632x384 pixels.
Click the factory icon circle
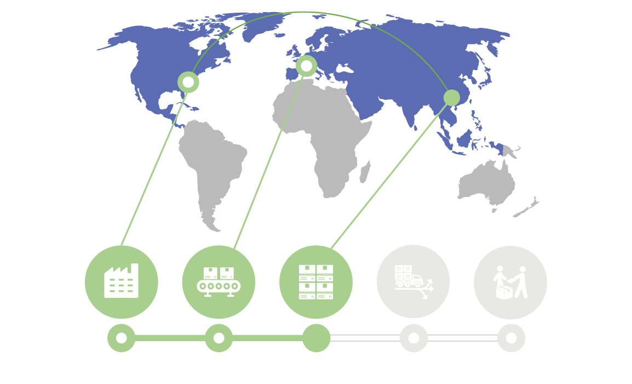[x=122, y=282]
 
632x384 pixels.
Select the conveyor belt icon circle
[x=219, y=282]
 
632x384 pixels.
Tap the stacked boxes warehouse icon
[x=316, y=282]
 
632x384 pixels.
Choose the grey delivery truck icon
[x=413, y=281]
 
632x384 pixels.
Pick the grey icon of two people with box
[x=510, y=282]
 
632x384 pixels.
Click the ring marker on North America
[x=188, y=82]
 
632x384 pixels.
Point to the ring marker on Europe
[x=306, y=66]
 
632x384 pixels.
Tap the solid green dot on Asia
[x=452, y=98]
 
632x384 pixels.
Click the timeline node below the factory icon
[x=122, y=338]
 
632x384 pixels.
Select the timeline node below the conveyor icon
[x=219, y=338]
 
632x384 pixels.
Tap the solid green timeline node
[x=316, y=338]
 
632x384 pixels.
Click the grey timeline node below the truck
[x=413, y=338]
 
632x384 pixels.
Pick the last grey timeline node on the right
[x=511, y=338]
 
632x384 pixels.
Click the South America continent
[x=211, y=165]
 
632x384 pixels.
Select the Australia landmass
[x=487, y=184]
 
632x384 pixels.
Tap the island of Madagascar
[x=365, y=171]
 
